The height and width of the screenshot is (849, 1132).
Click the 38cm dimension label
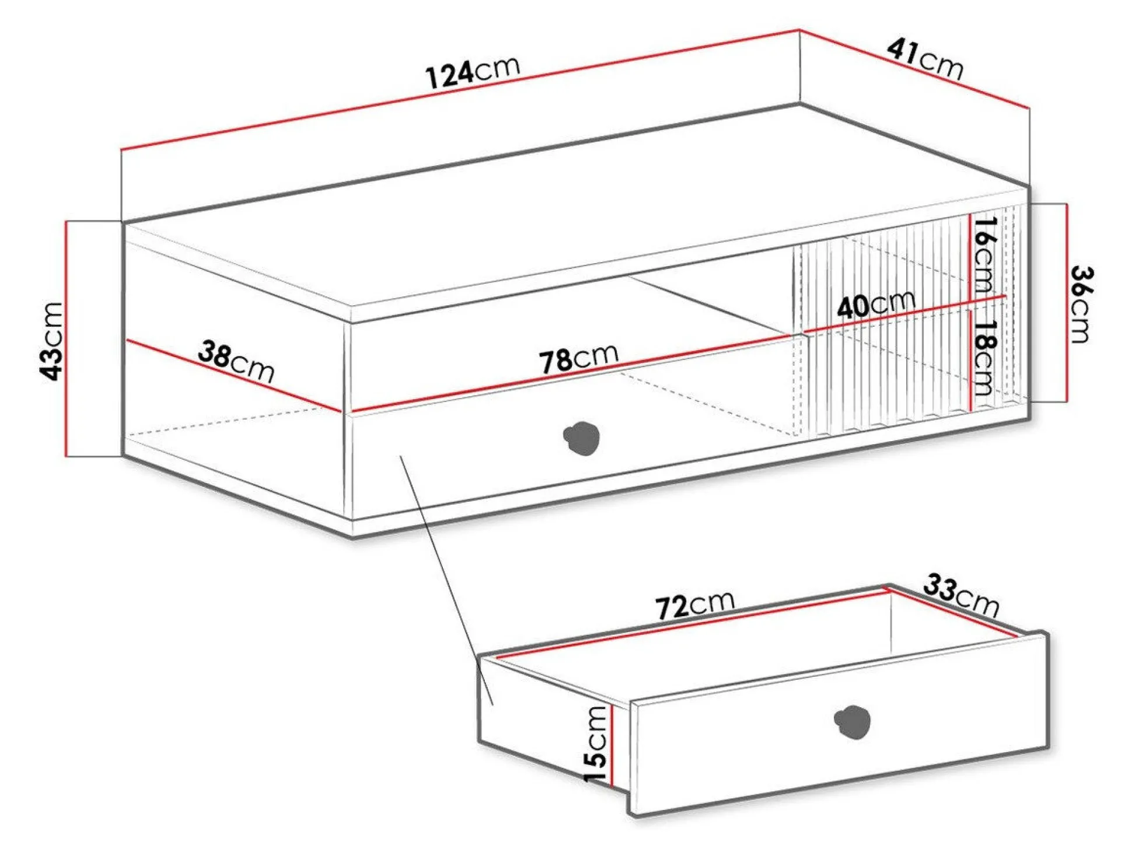pyautogui.click(x=236, y=362)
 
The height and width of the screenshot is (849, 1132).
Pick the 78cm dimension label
pyautogui.click(x=578, y=358)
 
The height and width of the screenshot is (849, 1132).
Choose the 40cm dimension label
pyautogui.click(x=875, y=303)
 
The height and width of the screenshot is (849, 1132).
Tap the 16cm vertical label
pyautogui.click(x=985, y=254)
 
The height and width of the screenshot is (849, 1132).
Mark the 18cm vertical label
pyautogui.click(x=985, y=357)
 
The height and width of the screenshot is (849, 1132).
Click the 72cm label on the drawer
pyautogui.click(x=694, y=605)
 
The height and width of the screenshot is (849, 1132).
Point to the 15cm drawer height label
pyautogui.click(x=596, y=745)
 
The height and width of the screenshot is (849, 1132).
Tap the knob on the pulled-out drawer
pyautogui.click(x=853, y=722)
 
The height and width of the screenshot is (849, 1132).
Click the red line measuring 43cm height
pyautogui.click(x=67, y=338)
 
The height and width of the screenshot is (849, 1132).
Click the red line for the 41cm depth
pyautogui.click(x=913, y=68)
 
